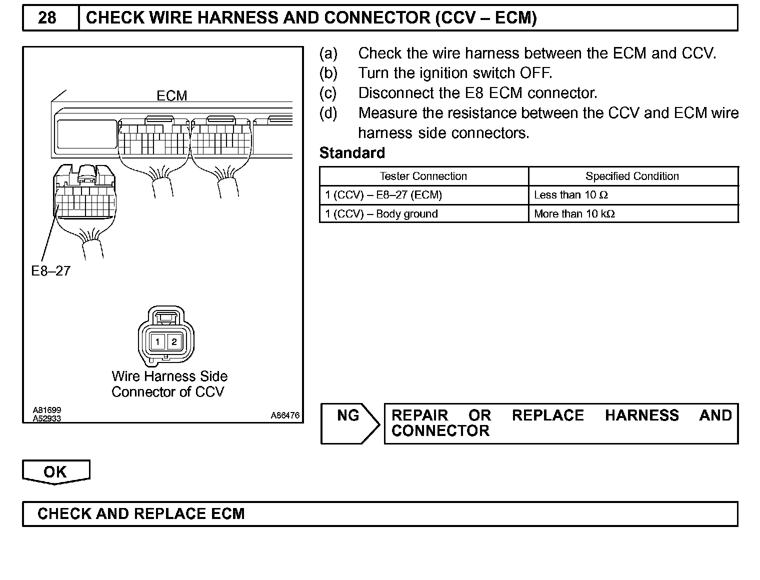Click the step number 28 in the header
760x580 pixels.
click(47, 18)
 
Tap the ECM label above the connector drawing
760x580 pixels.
click(171, 95)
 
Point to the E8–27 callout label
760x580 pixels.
click(50, 271)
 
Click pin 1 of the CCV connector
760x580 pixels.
click(157, 342)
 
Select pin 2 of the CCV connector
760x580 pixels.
click(174, 342)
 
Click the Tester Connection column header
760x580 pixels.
click(423, 176)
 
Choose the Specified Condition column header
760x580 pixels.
click(632, 176)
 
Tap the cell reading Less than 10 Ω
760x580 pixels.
click(570, 195)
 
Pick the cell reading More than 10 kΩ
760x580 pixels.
click(574, 214)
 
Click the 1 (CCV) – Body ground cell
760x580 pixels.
click(381, 214)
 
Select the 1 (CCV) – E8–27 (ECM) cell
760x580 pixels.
click(383, 195)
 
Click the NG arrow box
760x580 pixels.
click(349, 423)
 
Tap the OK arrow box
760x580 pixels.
click(55, 472)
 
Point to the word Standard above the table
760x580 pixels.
click(352, 153)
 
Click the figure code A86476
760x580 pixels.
click(285, 415)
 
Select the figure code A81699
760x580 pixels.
click(47, 410)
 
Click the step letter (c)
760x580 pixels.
click(328, 93)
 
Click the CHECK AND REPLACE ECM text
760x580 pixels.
click(141, 514)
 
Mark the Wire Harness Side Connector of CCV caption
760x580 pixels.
click(169, 384)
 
